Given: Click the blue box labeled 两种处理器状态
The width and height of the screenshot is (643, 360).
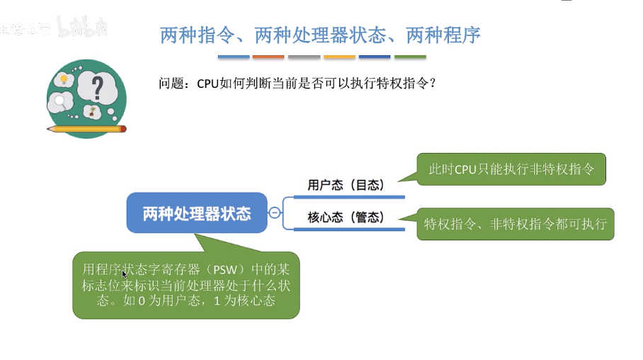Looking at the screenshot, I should coord(197,213).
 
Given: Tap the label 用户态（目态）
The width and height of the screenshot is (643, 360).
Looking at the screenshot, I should coord(346,185).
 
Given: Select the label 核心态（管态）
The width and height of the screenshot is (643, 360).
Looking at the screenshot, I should coord(346,218).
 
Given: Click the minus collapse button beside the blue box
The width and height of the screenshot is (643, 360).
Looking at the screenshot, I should coord(274,213).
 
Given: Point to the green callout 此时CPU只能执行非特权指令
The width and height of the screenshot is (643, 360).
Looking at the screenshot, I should coord(511,169).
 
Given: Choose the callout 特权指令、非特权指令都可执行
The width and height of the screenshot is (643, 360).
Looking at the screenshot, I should coord(515,224).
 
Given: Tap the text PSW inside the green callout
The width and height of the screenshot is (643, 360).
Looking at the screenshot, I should coord(227,270).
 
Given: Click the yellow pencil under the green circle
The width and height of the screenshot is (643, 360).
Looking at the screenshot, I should coord(86,129).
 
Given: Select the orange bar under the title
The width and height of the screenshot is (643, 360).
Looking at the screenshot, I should coord(268,57).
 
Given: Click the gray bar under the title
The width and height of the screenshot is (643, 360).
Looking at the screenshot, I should coord(304,57).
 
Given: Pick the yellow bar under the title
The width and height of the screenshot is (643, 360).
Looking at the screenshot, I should coord(339,57).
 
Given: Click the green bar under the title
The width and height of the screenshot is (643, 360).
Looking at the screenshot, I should coord(410,57).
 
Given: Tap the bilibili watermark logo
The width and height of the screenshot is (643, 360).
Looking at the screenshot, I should coord(82,28).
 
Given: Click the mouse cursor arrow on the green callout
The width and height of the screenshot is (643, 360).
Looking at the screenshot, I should coord(124,274).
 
